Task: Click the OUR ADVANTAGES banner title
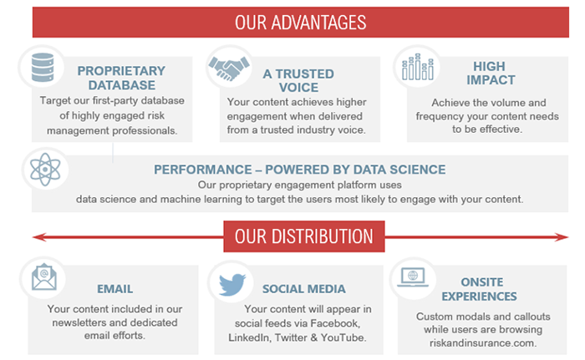click(x=300, y=23)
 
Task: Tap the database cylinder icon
click(x=43, y=67)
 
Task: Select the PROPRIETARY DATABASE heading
click(x=121, y=78)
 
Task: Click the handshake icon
click(x=229, y=68)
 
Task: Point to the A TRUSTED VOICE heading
click(x=298, y=80)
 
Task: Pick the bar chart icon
click(x=418, y=67)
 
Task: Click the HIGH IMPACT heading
click(x=491, y=74)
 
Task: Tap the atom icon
click(x=45, y=170)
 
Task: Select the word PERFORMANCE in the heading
click(x=203, y=170)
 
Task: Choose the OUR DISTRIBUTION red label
click(x=304, y=236)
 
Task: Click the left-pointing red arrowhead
click(x=39, y=237)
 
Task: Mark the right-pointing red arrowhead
click(x=561, y=237)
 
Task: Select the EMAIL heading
click(x=115, y=289)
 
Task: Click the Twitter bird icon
click(x=232, y=284)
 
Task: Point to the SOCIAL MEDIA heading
click(x=303, y=289)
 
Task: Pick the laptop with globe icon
click(x=413, y=277)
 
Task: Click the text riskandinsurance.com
click(x=483, y=342)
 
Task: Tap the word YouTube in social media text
click(x=343, y=337)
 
